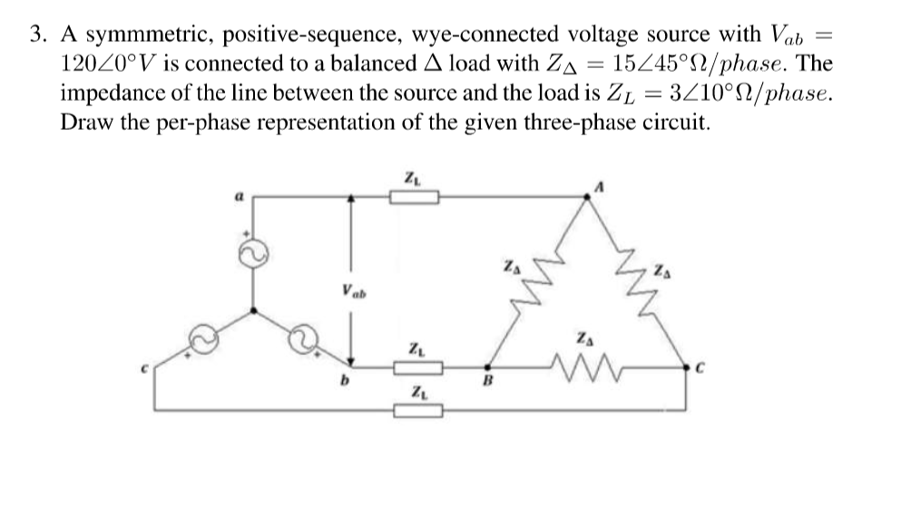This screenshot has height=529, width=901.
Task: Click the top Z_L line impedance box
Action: (x=415, y=197)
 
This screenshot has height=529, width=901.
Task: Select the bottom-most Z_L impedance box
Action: (x=417, y=413)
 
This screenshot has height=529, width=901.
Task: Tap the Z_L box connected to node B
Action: (x=417, y=368)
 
